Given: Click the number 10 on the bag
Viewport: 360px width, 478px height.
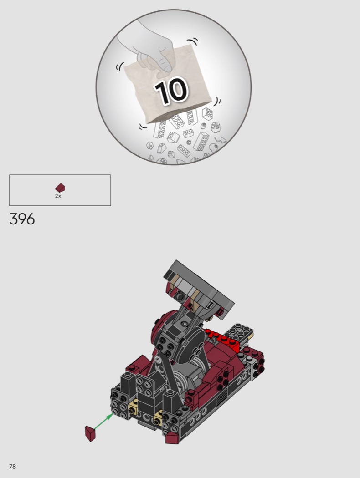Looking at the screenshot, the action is point(171,91).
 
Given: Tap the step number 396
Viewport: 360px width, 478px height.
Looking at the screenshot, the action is point(22,219).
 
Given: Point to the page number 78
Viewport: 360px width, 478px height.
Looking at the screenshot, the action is point(12,467).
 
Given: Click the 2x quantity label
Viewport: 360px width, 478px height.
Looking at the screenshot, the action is point(58,196).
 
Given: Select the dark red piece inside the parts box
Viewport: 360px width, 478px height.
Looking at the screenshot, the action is point(60,188).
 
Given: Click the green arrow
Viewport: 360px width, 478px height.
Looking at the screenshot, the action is point(104,421).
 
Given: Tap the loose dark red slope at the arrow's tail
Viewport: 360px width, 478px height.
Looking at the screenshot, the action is point(90,433).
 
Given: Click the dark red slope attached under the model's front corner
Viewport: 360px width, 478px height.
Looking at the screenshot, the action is point(172,438).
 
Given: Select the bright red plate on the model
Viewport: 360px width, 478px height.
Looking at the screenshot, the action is point(222,338).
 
